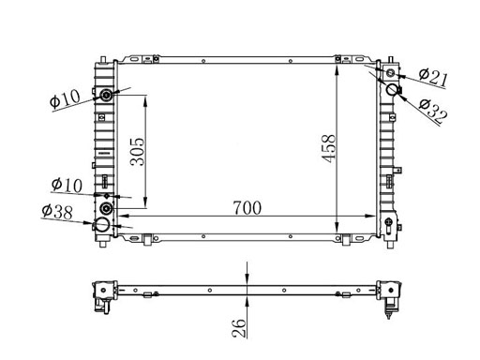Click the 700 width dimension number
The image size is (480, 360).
pos(247,208)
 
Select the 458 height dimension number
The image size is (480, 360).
pos(328,148)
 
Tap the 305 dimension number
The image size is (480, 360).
pos(138,152)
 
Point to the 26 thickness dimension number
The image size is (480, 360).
pos(239,328)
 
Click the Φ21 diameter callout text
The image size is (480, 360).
pos(433,78)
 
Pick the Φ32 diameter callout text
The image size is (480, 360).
pos(433,111)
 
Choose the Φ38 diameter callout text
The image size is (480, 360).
pos(57,212)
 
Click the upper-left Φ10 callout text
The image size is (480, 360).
pos(65,99)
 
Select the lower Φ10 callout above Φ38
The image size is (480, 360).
pos(67,185)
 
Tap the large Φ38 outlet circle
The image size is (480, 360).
pos(102,224)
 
